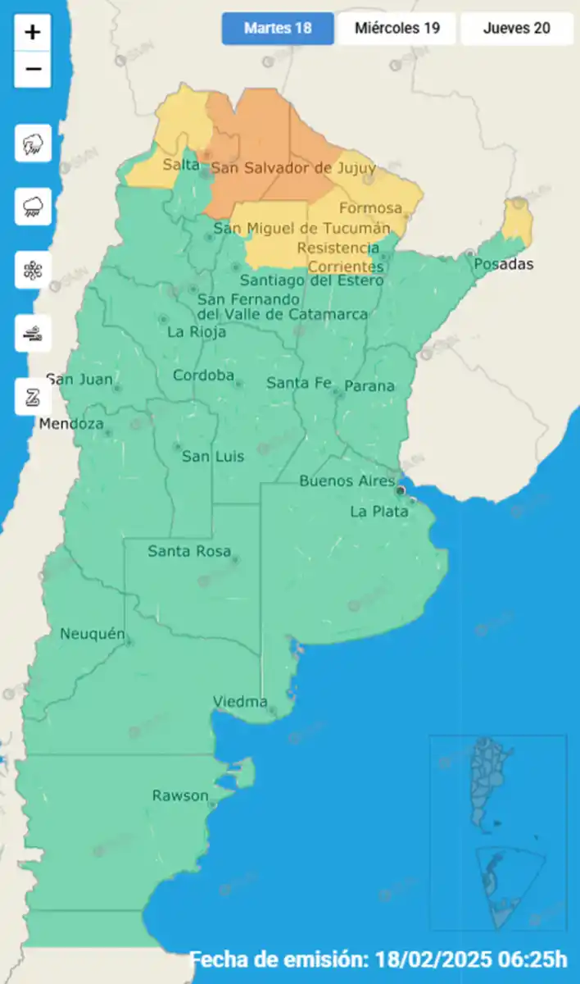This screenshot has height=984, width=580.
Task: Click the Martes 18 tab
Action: click(278, 29)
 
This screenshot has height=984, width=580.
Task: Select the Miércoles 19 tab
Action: click(396, 29)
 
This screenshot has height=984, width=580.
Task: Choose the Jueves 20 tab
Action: click(516, 29)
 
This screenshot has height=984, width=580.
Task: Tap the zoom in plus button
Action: click(33, 33)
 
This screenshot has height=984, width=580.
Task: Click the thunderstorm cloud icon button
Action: click(33, 144)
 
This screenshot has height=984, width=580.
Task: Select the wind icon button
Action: click(33, 333)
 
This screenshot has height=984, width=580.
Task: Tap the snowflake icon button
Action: click(33, 270)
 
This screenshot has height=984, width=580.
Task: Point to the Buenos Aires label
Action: click(347, 481)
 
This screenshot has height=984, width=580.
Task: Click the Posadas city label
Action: click(503, 264)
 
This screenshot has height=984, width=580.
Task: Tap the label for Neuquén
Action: click(93, 634)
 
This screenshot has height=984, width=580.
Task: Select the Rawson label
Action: click(180, 795)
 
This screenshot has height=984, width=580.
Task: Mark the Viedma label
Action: click(240, 701)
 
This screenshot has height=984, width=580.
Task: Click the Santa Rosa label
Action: click(189, 551)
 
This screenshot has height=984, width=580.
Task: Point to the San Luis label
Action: click(213, 456)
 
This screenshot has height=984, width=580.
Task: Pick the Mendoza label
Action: click(72, 424)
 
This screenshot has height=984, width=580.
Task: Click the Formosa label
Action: click(370, 208)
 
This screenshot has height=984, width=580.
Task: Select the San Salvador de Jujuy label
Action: click(293, 168)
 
